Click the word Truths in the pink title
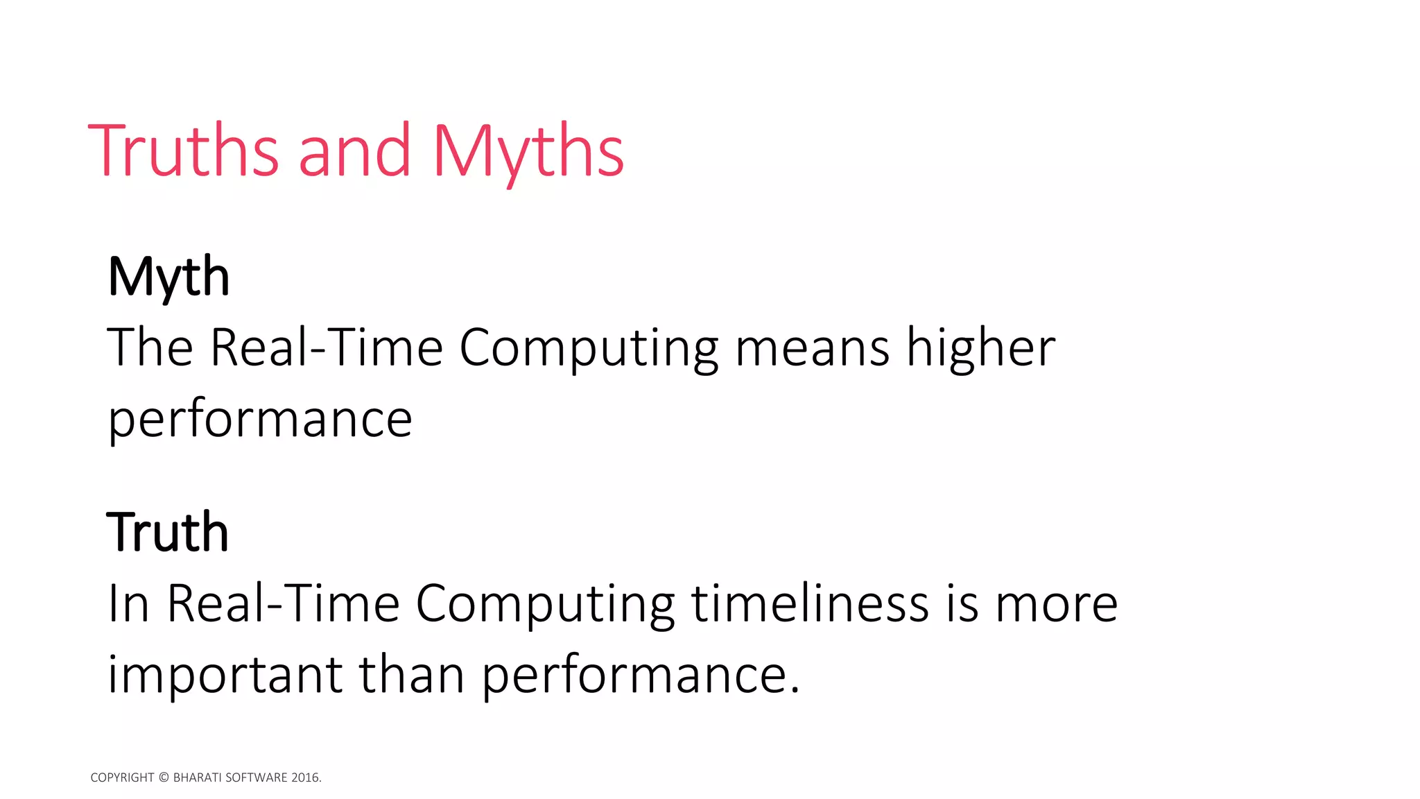(x=184, y=151)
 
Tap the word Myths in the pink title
(x=528, y=151)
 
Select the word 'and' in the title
(x=354, y=151)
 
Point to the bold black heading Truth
(x=167, y=532)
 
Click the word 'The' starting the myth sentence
(x=150, y=347)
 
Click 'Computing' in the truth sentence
(x=545, y=603)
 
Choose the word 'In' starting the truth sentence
(x=129, y=603)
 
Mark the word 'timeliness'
(x=810, y=603)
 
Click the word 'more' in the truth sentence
(x=1056, y=603)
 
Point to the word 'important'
(x=225, y=674)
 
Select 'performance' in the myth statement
(x=260, y=419)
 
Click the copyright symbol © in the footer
(x=164, y=777)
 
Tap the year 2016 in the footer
(x=306, y=777)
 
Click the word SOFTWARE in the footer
(x=257, y=777)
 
